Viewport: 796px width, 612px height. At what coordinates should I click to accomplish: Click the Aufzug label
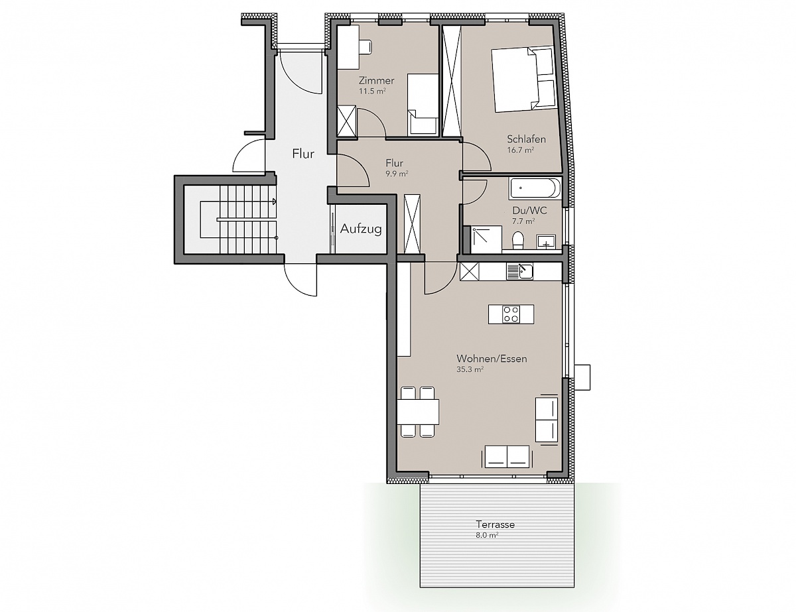361,229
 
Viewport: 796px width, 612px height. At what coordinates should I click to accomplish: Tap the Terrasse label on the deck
496,524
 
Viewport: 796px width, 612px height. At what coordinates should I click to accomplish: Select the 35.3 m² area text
470,369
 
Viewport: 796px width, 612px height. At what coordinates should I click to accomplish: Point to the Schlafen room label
527,139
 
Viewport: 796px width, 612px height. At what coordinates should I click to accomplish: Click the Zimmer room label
377,80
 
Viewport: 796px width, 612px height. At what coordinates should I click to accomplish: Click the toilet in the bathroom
518,241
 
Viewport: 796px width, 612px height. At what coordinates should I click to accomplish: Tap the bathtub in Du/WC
535,188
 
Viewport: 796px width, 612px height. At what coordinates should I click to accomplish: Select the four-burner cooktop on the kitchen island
511,314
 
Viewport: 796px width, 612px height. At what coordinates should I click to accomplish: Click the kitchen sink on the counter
520,272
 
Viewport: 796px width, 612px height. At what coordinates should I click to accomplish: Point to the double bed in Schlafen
522,79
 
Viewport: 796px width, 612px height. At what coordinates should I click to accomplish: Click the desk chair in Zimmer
365,46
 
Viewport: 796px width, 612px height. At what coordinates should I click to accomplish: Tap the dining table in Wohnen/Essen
418,412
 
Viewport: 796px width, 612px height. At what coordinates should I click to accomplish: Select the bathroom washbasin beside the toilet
546,242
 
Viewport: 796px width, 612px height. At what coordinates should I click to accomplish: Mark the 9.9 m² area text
397,174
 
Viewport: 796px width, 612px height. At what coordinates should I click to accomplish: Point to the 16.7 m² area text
520,150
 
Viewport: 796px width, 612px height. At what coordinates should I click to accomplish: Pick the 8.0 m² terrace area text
487,535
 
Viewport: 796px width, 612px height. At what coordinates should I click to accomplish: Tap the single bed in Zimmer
423,104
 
